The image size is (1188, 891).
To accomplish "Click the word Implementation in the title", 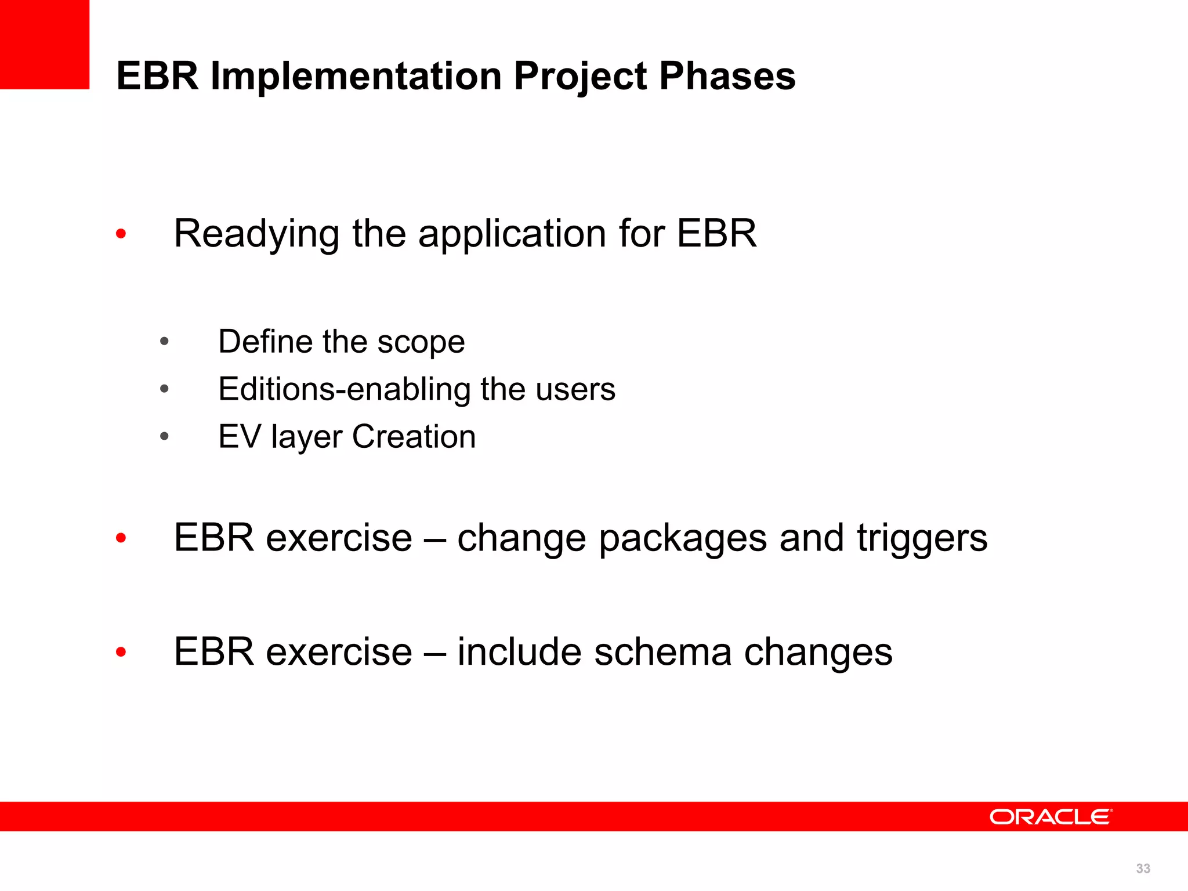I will pos(356,76).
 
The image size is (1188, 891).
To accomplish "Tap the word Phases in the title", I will pos(727,76).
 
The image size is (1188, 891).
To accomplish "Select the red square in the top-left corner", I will pos(44,44).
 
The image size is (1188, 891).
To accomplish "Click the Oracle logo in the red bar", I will pos(1051,817).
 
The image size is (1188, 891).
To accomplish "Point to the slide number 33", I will pos(1143,868).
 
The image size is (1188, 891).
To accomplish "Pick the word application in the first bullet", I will pos(512,234).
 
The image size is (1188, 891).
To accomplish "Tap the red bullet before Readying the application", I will pos(121,234).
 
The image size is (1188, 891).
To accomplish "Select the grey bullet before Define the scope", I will pos(164,341).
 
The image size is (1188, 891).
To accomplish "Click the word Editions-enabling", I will pos(344,389).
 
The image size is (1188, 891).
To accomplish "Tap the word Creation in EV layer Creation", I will pos(414,437).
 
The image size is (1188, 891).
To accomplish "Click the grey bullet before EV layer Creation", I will pos(164,436).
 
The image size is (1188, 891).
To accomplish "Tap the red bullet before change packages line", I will pos(121,538).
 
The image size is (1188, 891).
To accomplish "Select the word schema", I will pos(663,652).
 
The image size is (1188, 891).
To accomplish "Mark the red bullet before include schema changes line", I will pos(121,652).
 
